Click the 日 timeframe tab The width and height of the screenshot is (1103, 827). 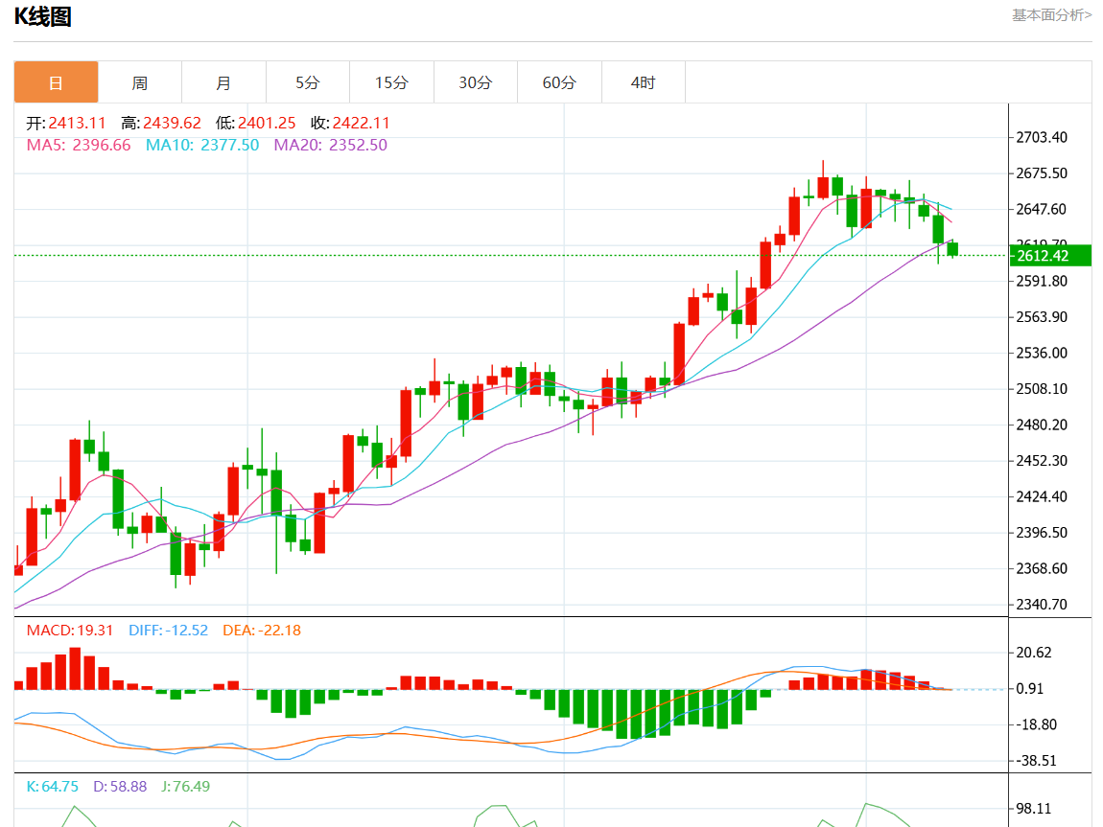coord(56,82)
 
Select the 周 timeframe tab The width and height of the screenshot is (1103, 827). coord(140,82)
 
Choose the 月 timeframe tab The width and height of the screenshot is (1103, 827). coord(223,82)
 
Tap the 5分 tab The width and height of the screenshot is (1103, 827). coord(307,82)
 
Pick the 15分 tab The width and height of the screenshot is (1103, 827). coord(391,82)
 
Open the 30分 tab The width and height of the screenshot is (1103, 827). coord(475,82)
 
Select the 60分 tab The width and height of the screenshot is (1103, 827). coord(559,82)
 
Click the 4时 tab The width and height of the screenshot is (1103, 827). coord(643,82)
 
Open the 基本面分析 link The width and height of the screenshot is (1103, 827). coord(1051,14)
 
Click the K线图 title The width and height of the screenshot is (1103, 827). coord(42,16)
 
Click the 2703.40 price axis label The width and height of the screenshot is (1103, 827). coord(1041,137)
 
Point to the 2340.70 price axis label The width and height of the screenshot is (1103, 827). coord(1041,604)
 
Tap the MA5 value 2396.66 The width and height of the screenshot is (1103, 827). coord(102,145)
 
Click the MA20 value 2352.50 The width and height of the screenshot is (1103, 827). coord(358,145)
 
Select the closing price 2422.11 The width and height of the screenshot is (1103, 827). coord(362,123)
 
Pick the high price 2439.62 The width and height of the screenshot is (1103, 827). coord(173,123)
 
